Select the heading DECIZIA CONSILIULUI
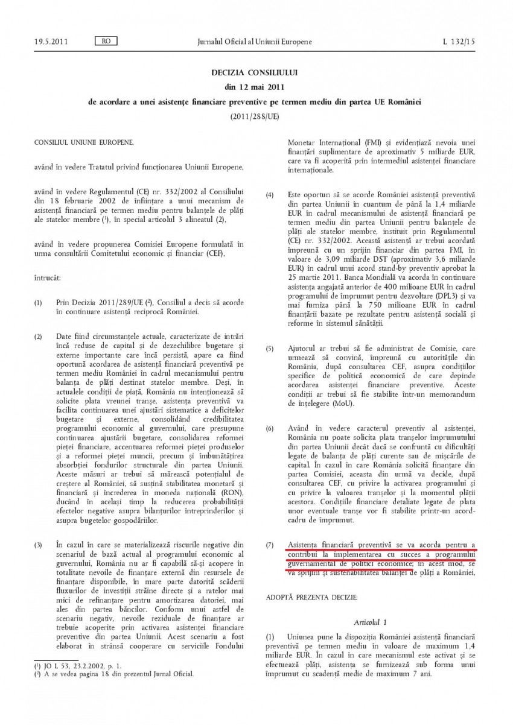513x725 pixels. coord(255,72)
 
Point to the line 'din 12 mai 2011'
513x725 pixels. coord(255,87)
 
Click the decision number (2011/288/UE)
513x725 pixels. coord(255,117)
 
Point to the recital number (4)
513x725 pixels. coord(270,195)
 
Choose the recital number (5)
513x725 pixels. coord(270,349)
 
